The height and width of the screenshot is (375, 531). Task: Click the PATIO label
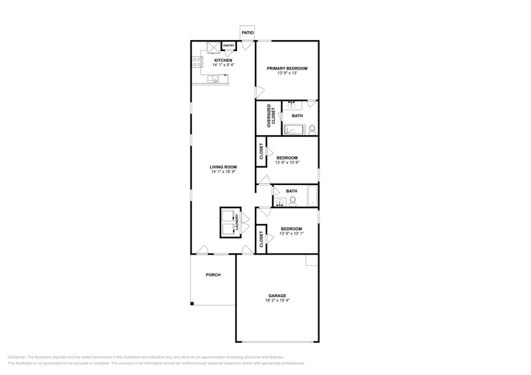[x=247, y=32]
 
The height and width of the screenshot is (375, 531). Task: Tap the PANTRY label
[x=229, y=46]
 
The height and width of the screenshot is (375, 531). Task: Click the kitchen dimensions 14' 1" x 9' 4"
[x=223, y=65]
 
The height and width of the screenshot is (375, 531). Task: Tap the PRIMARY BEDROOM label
[x=287, y=68]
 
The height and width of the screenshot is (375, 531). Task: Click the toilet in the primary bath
[x=311, y=129]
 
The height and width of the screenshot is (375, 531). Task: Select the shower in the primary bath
[x=295, y=130]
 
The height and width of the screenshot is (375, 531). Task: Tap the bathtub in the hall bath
[x=311, y=197]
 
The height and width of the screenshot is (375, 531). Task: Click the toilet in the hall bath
[x=293, y=202]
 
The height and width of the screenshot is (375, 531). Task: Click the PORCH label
[x=213, y=275]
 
